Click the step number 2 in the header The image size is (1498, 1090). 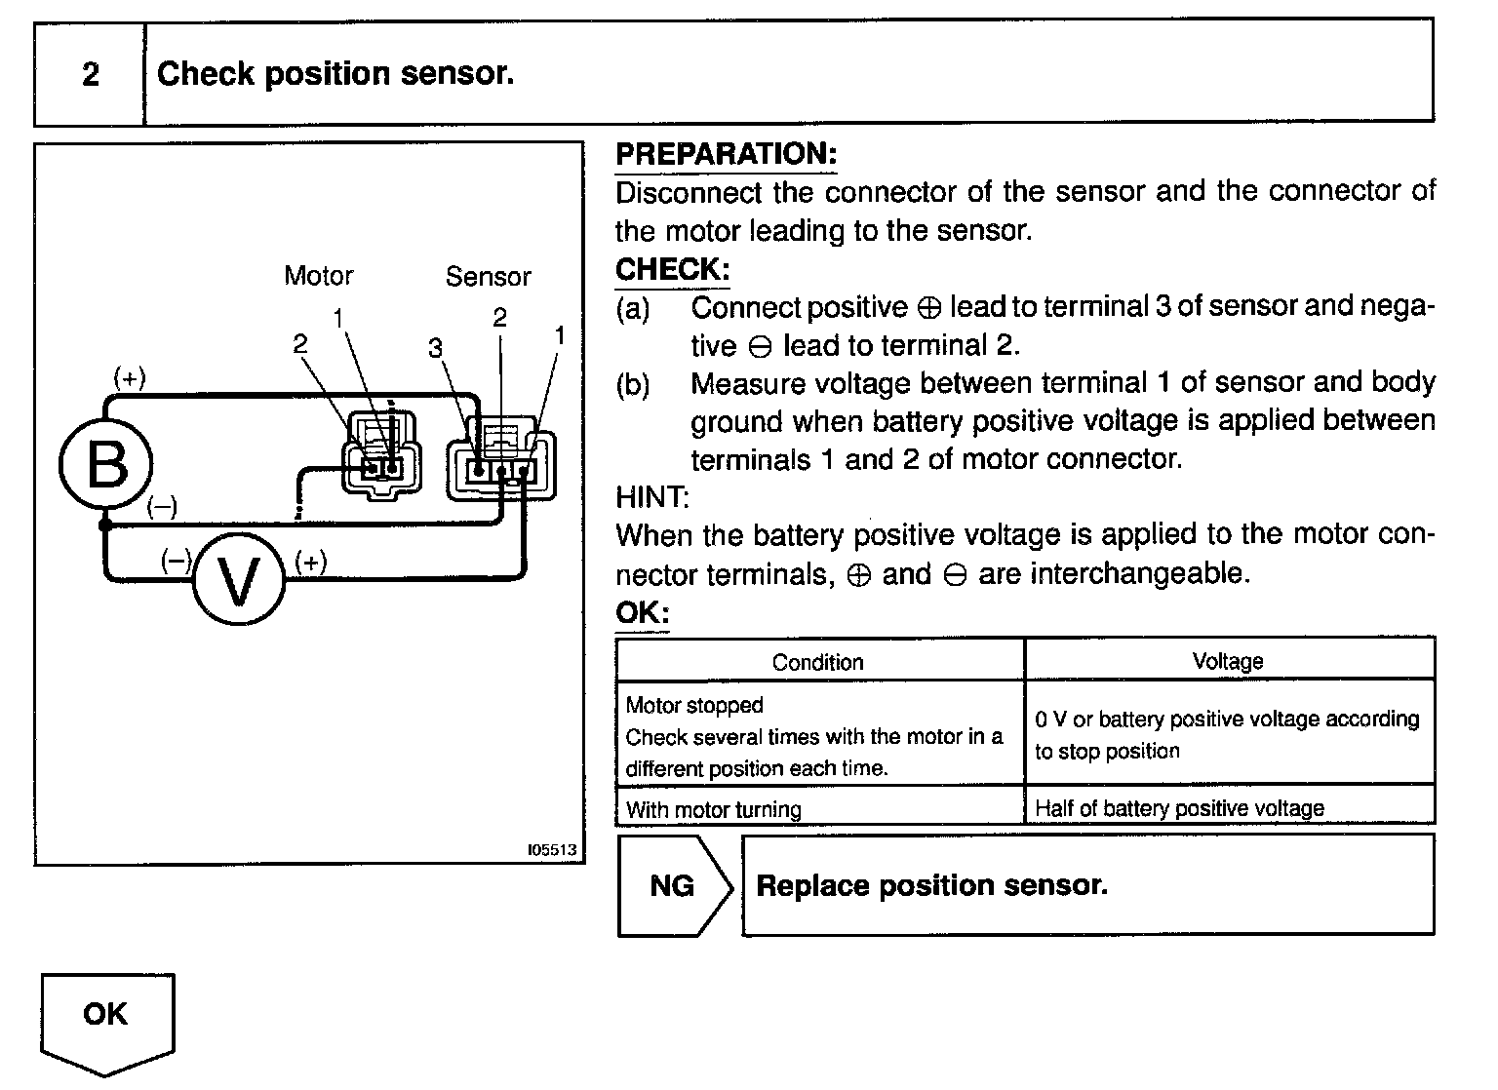pos(90,75)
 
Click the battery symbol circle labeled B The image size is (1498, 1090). pos(106,462)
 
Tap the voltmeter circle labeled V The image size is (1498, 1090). pos(238,580)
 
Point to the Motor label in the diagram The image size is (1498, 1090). pos(318,276)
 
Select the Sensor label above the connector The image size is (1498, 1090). pos(488,277)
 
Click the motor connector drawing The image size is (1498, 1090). pos(380,454)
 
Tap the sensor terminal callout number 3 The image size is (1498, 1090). pos(435,348)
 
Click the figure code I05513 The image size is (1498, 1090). pos(552,850)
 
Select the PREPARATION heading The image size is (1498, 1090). pos(727,154)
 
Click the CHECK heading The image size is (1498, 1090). pos(672,269)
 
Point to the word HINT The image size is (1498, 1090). pos(651,497)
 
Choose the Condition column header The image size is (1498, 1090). pos(817,662)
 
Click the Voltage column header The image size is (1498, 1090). pos(1228,661)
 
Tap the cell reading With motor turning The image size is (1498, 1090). pos(714,809)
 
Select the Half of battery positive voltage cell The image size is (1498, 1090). pos(1179,808)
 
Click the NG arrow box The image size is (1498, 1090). pos(673,885)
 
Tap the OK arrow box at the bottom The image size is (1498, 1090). pos(106,1019)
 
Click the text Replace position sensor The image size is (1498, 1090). pos(931,885)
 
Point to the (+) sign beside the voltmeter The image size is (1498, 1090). pos(310,562)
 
